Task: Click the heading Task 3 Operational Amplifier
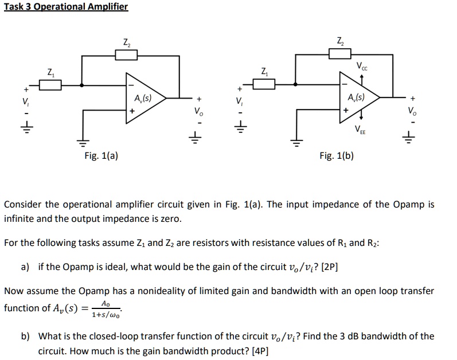pos(65,7)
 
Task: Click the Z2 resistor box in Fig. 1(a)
pos(126,54)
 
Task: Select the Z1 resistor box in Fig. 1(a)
pos(51,85)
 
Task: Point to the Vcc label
pos(363,66)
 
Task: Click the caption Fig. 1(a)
pos(101,155)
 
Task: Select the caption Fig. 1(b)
pos(337,155)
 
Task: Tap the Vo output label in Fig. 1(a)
pos(198,110)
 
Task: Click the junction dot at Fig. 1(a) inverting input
pos(83,85)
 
